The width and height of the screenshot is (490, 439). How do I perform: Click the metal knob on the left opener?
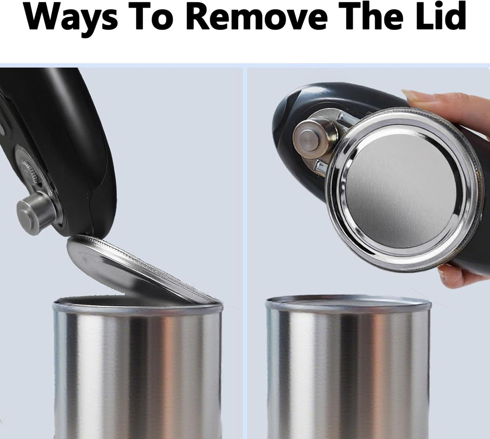pos(36,213)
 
